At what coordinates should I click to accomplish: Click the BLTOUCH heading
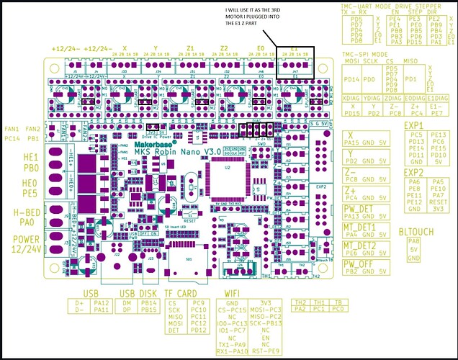[x=414, y=232]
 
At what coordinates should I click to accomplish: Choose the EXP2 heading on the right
[x=413, y=173]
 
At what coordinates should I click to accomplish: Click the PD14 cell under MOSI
[x=352, y=79]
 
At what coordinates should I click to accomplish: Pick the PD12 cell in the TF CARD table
[x=199, y=331]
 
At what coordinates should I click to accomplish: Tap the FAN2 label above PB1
[x=33, y=129]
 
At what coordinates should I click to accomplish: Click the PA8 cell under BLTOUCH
[x=413, y=241]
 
